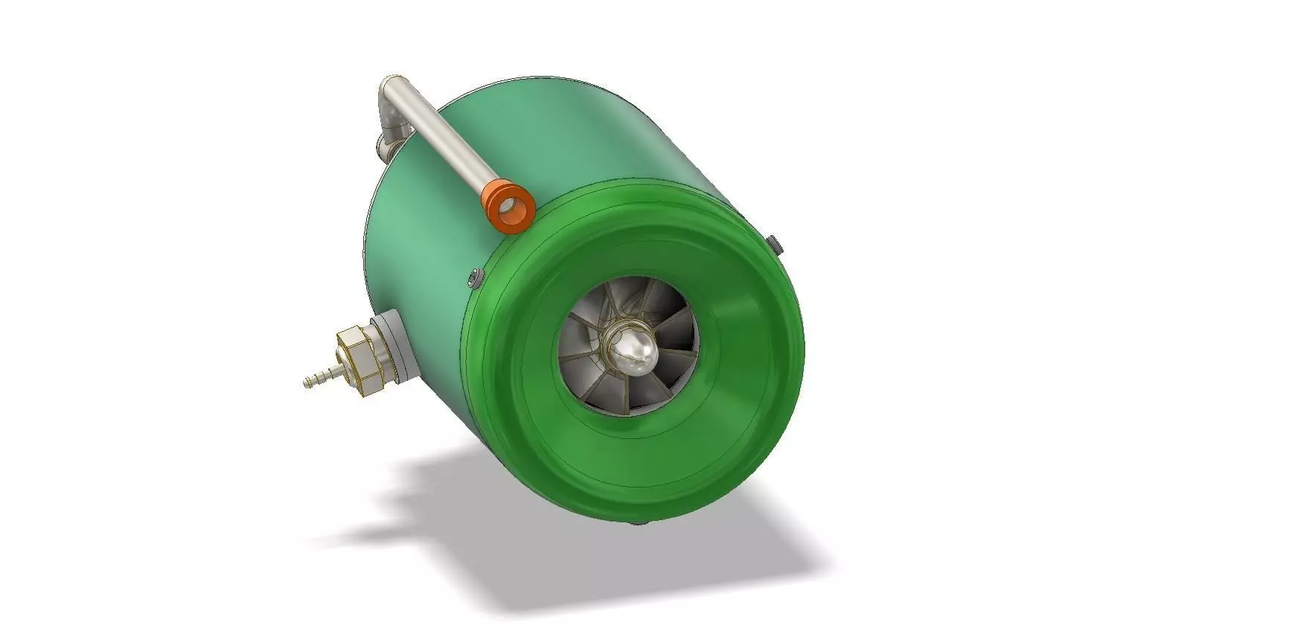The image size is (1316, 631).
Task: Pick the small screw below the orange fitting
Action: [475, 278]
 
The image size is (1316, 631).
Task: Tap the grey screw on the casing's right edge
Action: [774, 243]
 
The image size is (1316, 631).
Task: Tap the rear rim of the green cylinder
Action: [366, 246]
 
